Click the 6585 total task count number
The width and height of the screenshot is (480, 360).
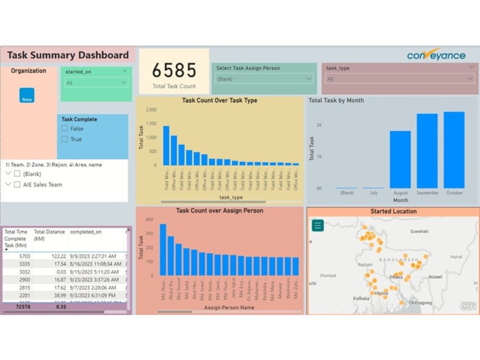coord(174,71)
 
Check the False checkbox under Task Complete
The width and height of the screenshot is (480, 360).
coord(65,129)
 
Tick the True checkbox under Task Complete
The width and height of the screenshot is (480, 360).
coord(65,139)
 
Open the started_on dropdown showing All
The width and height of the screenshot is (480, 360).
coord(96,83)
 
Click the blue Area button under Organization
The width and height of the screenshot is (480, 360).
coord(27,96)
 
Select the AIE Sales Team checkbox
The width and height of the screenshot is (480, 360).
coord(17,185)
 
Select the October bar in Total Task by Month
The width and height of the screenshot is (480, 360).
coord(454,150)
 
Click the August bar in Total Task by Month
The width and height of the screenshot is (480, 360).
coord(400,159)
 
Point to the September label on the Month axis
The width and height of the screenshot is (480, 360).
coord(427,193)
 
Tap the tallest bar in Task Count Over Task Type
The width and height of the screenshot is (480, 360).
coord(167,145)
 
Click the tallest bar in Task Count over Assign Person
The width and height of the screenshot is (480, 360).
coord(163,250)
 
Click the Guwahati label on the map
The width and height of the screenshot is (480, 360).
coord(419,231)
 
